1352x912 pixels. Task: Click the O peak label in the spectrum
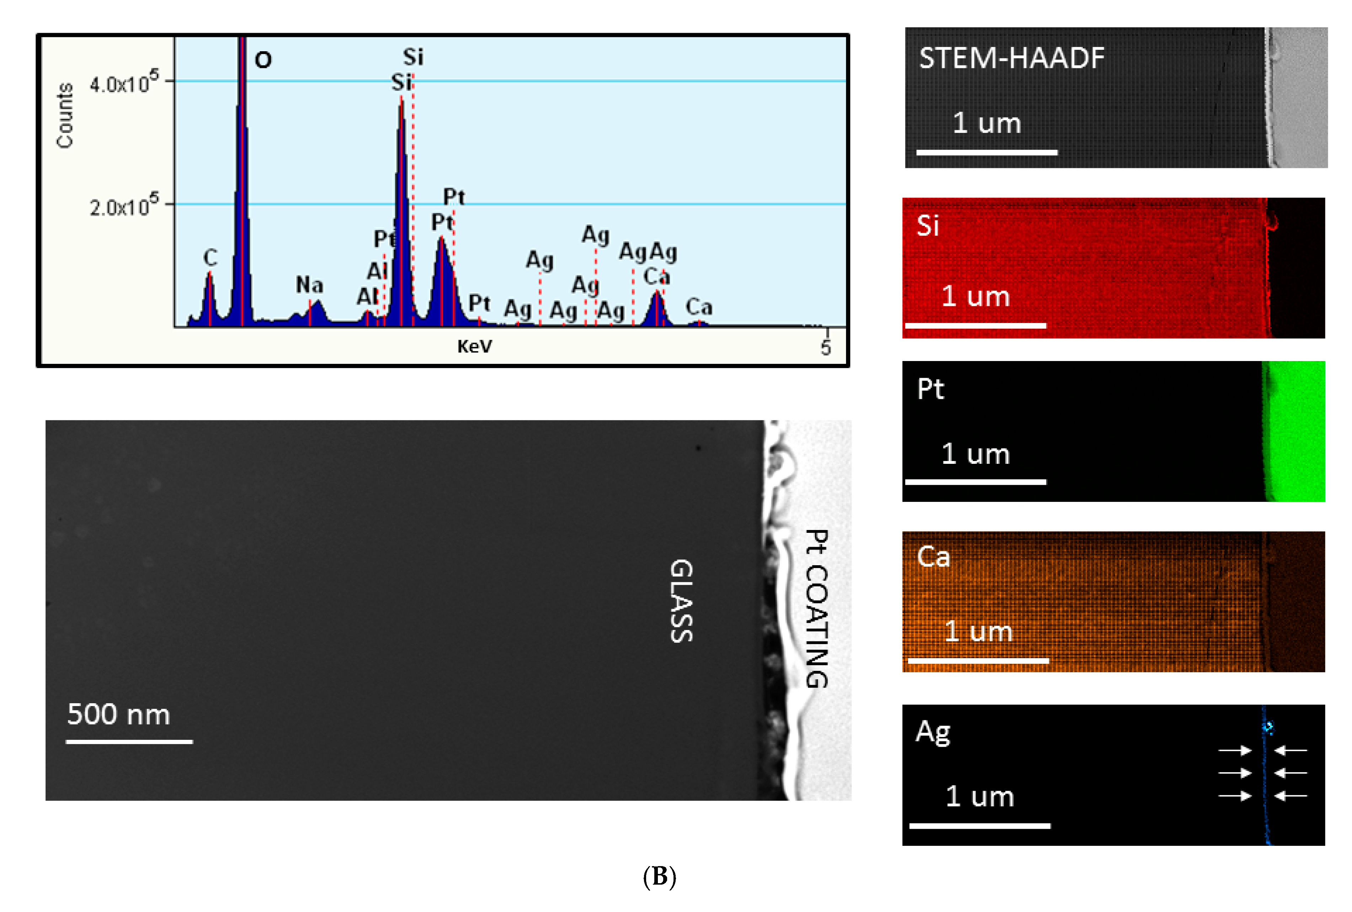coord(263,60)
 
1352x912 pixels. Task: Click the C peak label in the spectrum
coord(210,258)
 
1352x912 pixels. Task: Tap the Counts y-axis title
coord(65,115)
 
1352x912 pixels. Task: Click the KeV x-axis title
coord(474,347)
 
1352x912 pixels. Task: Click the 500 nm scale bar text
coord(119,714)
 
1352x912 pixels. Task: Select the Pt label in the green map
coord(930,388)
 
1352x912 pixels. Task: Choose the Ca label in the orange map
coord(933,557)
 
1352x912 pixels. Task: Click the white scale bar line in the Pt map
coord(975,482)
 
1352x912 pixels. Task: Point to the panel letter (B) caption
coord(659,876)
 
